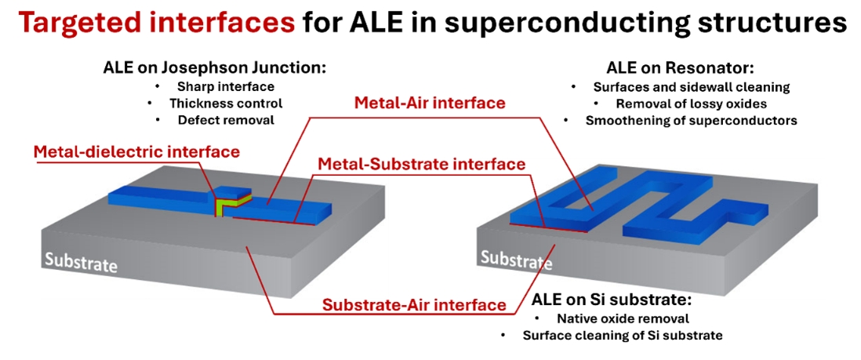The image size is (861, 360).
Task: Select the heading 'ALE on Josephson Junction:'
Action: point(215,69)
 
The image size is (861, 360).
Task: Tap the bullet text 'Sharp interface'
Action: point(226,86)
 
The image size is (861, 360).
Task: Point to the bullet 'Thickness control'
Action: point(226,103)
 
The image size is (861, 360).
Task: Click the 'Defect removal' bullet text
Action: point(226,120)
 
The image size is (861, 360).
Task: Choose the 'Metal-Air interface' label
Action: point(430,103)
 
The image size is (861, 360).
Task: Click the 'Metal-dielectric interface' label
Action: point(136,151)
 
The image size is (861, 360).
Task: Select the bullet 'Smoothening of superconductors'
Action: point(692,120)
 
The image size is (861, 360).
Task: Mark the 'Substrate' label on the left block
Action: point(81,263)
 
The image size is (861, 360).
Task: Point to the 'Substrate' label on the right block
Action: point(516,260)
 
